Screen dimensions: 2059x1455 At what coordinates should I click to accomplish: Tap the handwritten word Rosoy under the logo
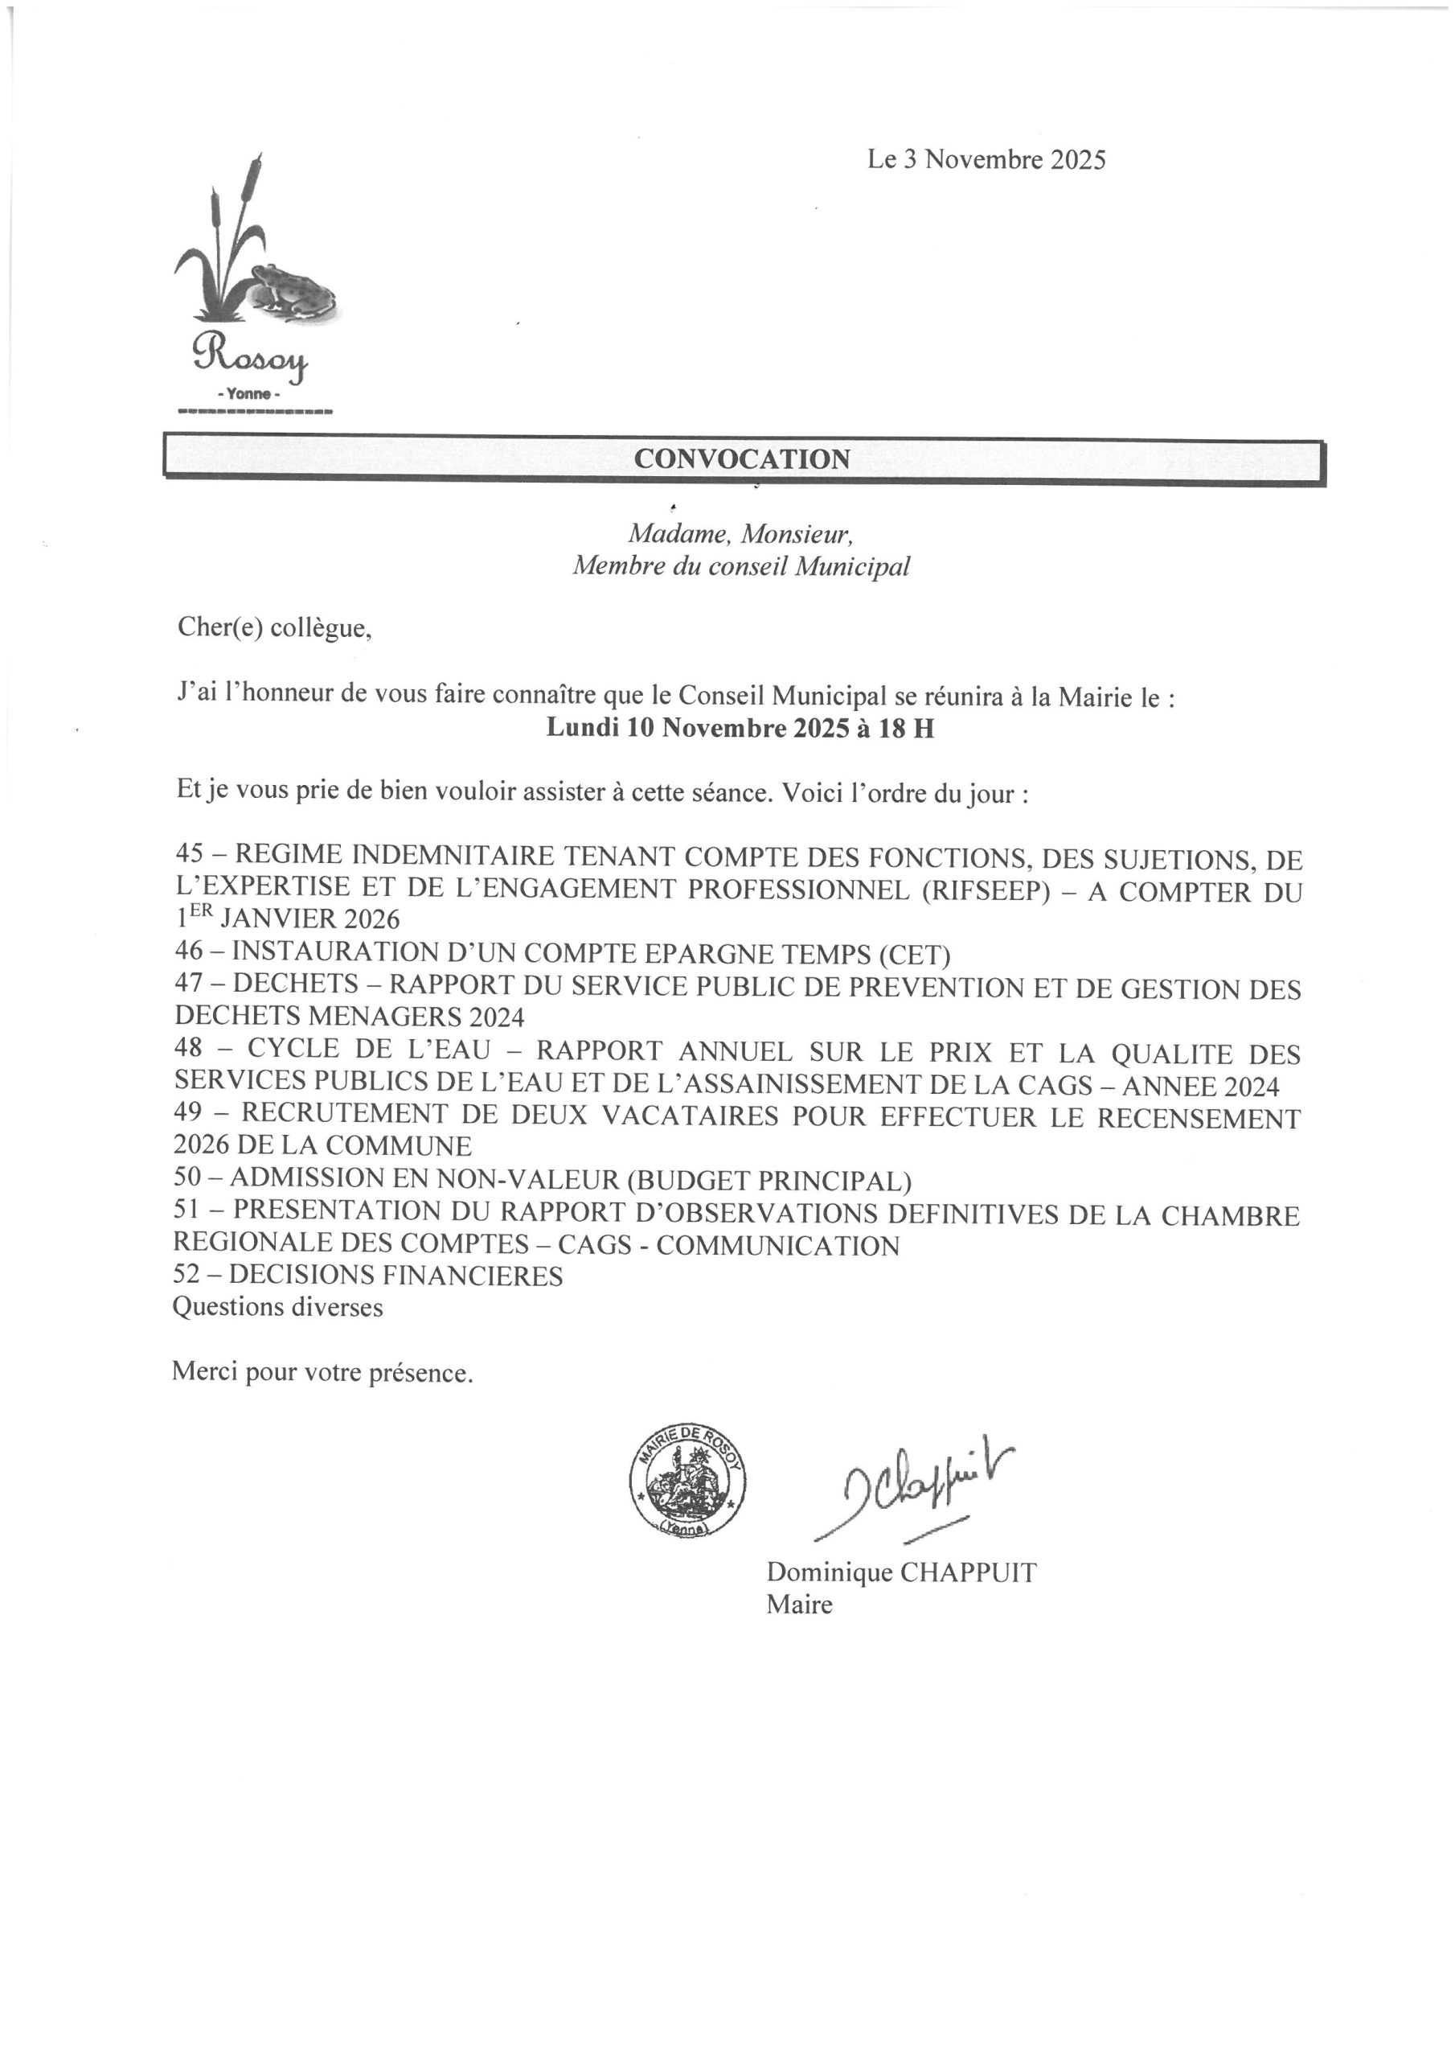point(250,358)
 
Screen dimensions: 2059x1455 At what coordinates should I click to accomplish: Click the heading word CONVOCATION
point(741,459)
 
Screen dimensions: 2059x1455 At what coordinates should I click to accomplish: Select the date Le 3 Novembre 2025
point(986,159)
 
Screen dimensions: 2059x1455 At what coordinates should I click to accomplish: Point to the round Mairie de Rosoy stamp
point(687,1493)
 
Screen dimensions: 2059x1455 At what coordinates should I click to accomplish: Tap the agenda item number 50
point(188,1179)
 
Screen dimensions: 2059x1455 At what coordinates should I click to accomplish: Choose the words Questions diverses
point(277,1308)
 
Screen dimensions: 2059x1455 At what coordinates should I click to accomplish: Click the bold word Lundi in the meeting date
point(584,728)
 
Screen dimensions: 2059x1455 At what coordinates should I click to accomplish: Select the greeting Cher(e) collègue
point(273,627)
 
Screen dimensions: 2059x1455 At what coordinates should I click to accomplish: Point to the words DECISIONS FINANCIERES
point(396,1276)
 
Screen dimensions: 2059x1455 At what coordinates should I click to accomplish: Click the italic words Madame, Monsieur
point(740,535)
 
